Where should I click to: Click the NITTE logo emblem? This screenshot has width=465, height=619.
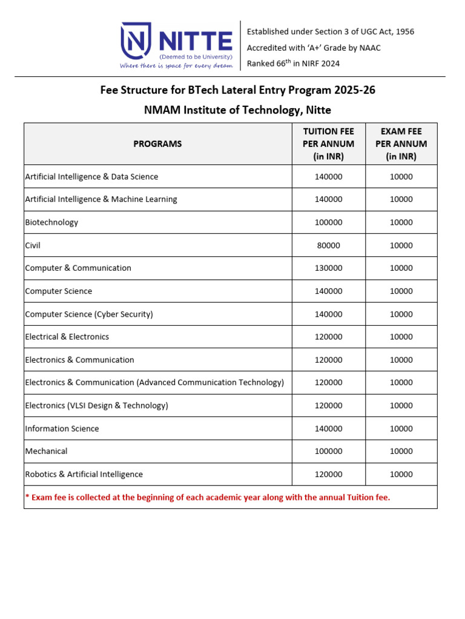(x=137, y=42)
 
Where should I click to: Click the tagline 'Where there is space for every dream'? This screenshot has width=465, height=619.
(x=176, y=65)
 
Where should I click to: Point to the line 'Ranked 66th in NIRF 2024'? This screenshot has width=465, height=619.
(x=293, y=63)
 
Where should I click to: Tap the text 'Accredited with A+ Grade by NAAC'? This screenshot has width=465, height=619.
(x=314, y=48)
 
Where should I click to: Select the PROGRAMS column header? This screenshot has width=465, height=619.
(x=157, y=144)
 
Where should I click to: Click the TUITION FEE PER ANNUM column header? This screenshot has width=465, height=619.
(x=328, y=144)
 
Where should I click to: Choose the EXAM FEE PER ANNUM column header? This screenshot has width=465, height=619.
(x=401, y=144)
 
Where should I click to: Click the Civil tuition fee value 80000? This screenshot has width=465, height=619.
(x=328, y=245)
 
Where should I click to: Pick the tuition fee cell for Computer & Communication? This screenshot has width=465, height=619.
(x=328, y=268)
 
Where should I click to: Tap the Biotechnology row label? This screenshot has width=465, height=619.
(x=51, y=222)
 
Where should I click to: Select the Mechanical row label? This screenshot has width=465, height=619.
(x=46, y=451)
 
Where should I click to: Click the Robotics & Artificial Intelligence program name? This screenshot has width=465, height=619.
(x=84, y=475)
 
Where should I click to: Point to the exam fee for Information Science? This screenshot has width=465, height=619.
(x=401, y=429)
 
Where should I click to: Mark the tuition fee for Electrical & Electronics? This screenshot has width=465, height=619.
(x=328, y=337)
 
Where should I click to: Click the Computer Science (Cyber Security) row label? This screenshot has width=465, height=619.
(x=89, y=314)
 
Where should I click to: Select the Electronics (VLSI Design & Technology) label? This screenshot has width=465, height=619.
(x=96, y=406)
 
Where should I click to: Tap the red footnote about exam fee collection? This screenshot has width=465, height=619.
(x=208, y=497)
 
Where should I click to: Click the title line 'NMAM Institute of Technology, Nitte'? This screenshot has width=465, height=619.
(x=237, y=110)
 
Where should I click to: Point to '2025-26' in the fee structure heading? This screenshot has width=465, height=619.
(x=356, y=91)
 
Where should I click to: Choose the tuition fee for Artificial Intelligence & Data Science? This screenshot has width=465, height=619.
(x=328, y=177)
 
